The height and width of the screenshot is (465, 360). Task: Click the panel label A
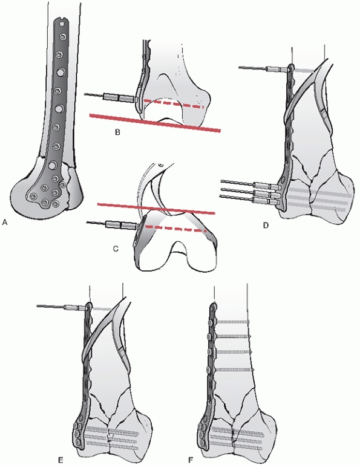(x=4, y=222)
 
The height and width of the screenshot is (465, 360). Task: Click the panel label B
(x=117, y=132)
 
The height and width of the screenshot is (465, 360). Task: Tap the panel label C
(x=116, y=249)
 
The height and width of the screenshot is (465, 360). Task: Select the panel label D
(x=266, y=226)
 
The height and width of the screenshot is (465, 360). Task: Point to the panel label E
(x=61, y=460)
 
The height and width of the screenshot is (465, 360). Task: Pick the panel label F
(x=191, y=460)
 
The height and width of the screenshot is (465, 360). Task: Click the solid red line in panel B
(x=155, y=122)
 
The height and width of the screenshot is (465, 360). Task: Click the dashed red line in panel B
(x=174, y=103)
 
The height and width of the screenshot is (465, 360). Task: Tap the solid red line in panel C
(x=156, y=209)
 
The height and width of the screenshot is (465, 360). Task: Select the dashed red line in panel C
(x=176, y=229)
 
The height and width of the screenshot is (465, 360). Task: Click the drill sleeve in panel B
(x=118, y=97)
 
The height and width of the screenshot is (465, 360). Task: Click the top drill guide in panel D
(x=278, y=70)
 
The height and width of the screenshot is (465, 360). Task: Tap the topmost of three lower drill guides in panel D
(x=268, y=186)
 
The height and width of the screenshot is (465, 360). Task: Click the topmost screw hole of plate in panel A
(x=62, y=37)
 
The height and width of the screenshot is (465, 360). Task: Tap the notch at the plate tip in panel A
(x=61, y=21)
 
